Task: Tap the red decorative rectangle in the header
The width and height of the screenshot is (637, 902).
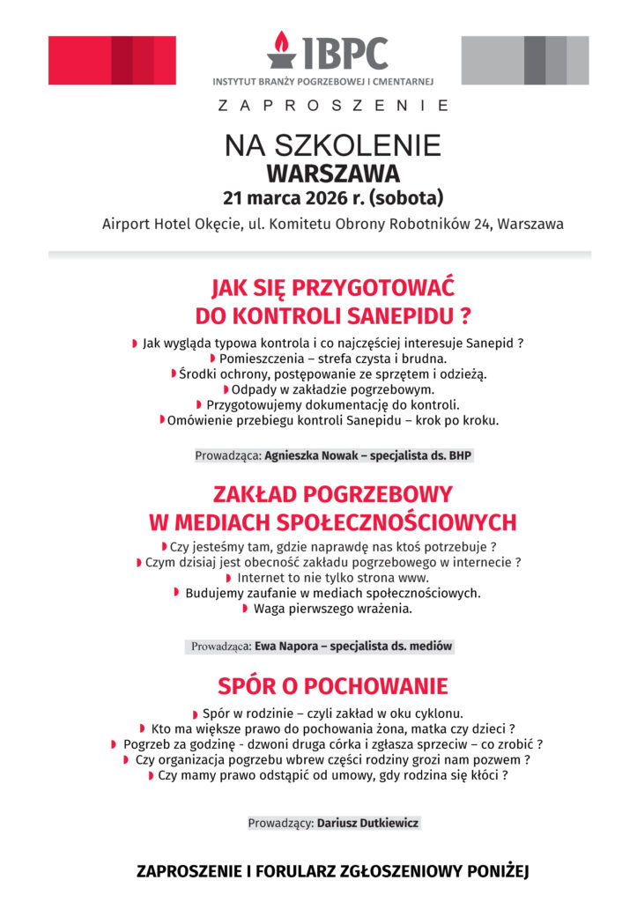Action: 112,60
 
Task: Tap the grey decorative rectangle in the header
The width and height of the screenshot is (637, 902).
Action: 525,60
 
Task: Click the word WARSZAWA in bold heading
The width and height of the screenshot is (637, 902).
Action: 333,172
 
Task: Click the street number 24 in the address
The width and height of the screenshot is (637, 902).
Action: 481,224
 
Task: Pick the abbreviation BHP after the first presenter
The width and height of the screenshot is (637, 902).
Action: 461,455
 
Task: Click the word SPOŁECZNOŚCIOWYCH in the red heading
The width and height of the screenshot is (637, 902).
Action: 384,522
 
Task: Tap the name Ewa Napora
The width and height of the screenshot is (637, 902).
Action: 287,646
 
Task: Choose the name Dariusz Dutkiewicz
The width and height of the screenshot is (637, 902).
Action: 368,823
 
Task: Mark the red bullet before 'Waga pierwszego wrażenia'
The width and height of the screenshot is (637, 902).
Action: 245,609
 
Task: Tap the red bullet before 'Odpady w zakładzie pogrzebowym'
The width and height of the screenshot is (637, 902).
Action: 226,389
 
